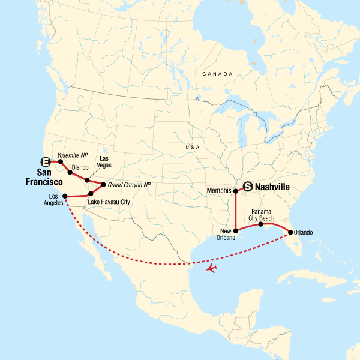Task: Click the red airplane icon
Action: click(x=211, y=268)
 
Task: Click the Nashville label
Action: click(x=272, y=187)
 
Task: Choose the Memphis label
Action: click(x=219, y=191)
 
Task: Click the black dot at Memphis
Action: click(x=236, y=192)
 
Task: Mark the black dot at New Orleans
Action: click(x=236, y=230)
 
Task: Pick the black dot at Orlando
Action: click(x=291, y=232)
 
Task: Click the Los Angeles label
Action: click(x=53, y=200)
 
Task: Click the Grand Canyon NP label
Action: click(x=130, y=184)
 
